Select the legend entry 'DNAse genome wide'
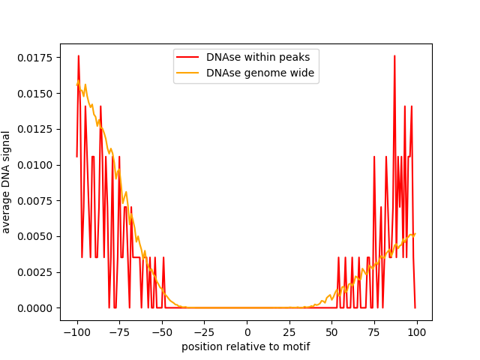pos(260,73)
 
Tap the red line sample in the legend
pos(187,56)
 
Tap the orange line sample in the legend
pos(187,73)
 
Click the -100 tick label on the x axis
pos(76,332)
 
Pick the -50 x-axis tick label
pos(162,332)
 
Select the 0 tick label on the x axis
pos(247,332)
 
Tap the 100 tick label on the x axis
pos(418,332)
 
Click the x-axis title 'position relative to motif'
pos(246,346)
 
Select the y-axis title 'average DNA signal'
pos(7,182)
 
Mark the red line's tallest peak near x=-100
pos(78,55)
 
